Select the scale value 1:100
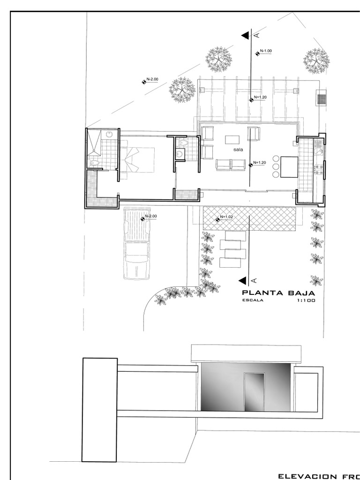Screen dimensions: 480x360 306,301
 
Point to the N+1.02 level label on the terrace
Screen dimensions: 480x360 227,217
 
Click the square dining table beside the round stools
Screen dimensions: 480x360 289,167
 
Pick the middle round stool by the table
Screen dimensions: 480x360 275,166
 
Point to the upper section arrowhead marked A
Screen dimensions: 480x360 245,36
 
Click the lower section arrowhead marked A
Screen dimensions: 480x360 243,280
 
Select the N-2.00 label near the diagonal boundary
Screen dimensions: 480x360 152,80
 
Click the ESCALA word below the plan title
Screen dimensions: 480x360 253,301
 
